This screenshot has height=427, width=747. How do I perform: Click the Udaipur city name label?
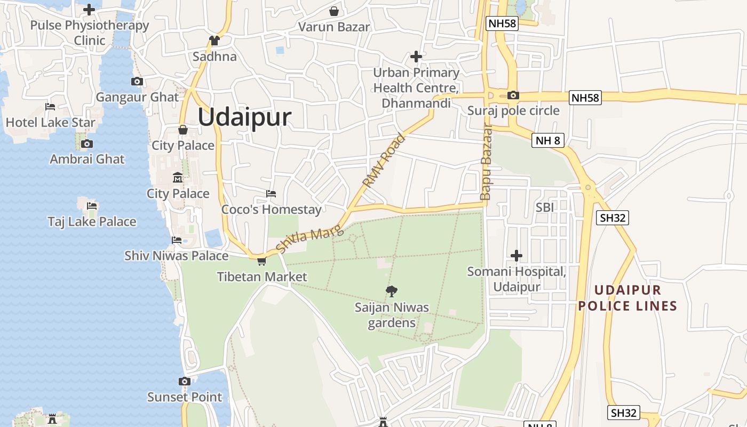tap(244, 117)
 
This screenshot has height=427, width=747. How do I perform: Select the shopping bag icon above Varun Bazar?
tap(334, 11)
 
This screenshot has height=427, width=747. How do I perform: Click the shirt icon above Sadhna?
tap(214, 41)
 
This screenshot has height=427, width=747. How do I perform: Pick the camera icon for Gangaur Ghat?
tap(137, 82)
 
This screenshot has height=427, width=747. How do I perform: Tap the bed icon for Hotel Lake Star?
tap(50, 107)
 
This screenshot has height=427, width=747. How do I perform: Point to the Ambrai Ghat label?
tap(87, 159)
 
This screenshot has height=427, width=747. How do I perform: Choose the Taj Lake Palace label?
tap(92, 222)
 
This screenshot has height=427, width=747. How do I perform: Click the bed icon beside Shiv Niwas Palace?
tap(177, 240)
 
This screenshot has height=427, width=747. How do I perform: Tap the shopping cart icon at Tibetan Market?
tap(261, 261)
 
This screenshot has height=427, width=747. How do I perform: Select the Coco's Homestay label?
tap(272, 209)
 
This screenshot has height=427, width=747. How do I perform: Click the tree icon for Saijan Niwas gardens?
tap(392, 291)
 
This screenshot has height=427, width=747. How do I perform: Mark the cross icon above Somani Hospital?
tap(516, 256)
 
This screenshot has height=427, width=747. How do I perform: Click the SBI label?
tap(544, 207)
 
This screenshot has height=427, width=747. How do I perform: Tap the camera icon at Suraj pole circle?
tap(513, 95)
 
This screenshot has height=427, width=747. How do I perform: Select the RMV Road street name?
tap(384, 160)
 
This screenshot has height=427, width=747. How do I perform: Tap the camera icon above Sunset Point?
tap(185, 381)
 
